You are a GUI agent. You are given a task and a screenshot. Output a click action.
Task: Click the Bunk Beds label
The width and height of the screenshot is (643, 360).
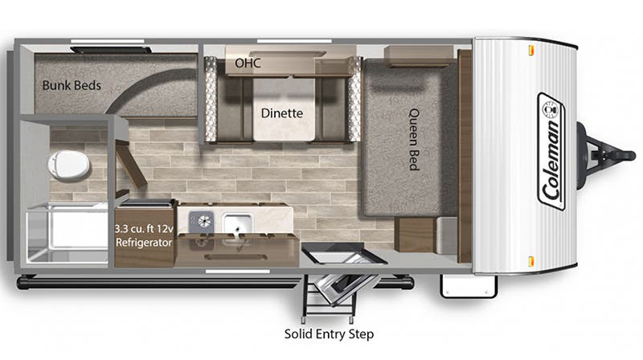coord(72,85)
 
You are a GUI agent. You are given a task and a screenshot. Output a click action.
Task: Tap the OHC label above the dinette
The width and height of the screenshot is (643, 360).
coord(248,63)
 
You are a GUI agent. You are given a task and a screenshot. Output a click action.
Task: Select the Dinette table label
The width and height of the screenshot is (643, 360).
coord(282,113)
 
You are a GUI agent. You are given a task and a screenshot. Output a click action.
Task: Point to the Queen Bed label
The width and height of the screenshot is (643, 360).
coord(414,139)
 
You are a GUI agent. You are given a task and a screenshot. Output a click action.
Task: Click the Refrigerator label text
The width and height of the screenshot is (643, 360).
coord(144,243)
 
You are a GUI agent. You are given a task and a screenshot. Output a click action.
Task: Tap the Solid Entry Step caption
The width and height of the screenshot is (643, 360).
coord(329,333)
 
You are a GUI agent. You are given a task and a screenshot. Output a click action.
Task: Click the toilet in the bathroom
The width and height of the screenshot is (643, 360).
coord(68,166)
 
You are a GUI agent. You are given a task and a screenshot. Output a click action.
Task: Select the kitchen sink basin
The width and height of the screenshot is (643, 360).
coord(237,224)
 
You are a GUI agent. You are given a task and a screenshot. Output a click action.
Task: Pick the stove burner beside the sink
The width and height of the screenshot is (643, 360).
coord(202,222)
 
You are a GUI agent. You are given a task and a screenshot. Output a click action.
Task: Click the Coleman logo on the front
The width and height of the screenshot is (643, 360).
coord(551,152)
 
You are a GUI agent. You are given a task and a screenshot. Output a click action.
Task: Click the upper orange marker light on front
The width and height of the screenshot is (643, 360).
coord(531,50)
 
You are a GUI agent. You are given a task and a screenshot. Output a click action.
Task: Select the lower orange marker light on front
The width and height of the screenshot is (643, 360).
coord(531,261)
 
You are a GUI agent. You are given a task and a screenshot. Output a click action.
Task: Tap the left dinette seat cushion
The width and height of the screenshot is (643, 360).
coord(234,109)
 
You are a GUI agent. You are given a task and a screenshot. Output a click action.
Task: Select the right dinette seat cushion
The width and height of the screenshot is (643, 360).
coord(333,109)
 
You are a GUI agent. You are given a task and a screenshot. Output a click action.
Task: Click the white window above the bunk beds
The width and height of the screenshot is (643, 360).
coord(108,41)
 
